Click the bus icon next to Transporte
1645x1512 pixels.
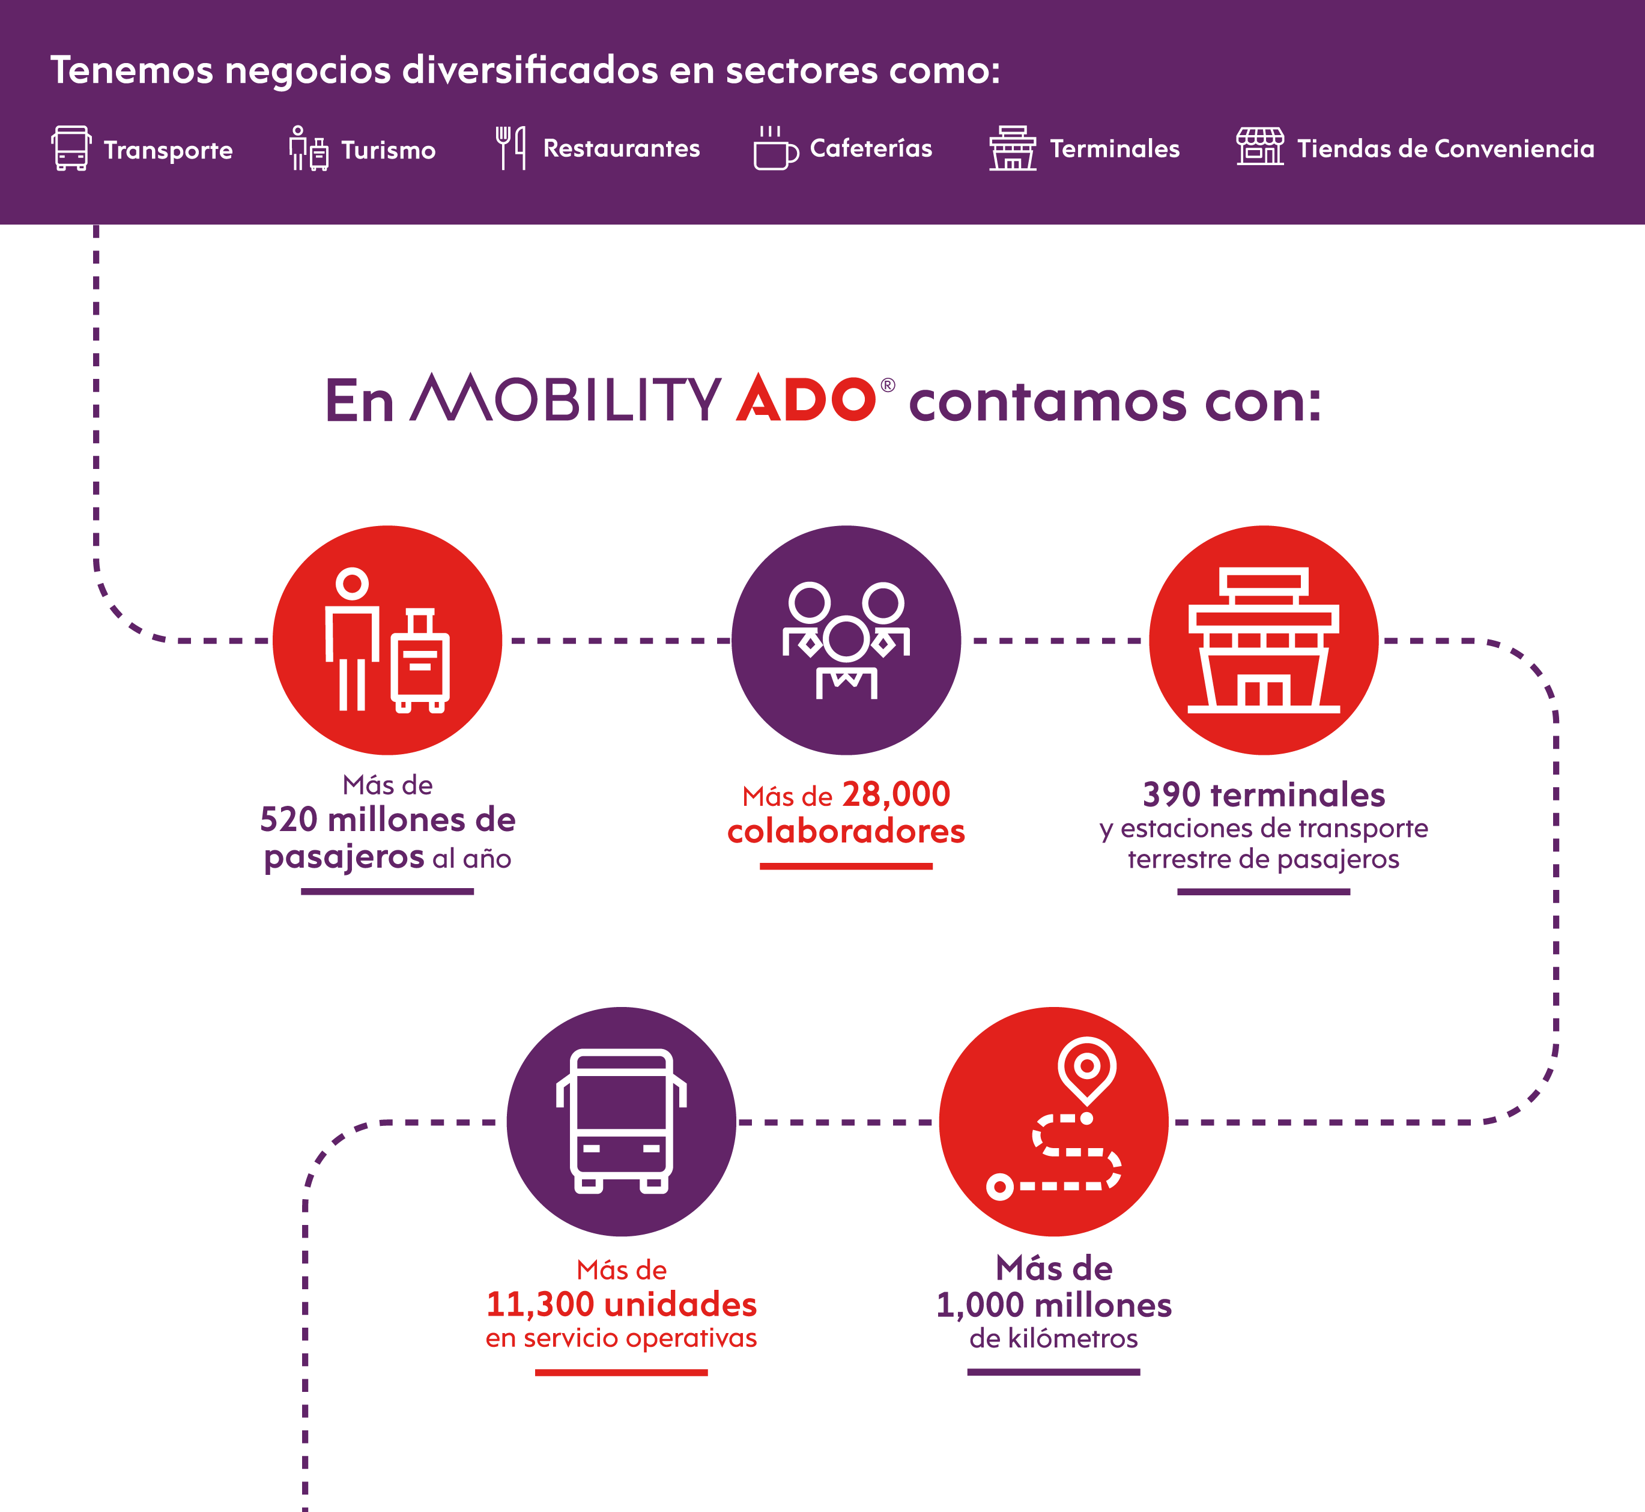71,148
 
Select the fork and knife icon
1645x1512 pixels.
510,148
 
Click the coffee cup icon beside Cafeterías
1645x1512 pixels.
774,149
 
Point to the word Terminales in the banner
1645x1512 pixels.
1115,149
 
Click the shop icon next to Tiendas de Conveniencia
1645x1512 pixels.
1259,147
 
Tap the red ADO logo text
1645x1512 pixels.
805,399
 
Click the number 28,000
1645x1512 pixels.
896,794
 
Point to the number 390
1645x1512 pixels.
1171,794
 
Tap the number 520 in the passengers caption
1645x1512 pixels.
288,820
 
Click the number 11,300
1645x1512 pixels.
540,1304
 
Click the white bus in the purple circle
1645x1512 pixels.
621,1121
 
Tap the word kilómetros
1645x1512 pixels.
1072,1338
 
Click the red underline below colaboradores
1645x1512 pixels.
846,866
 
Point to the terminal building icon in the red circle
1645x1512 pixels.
1264,640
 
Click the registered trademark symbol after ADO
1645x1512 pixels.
888,386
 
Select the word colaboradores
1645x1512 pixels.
846,831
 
